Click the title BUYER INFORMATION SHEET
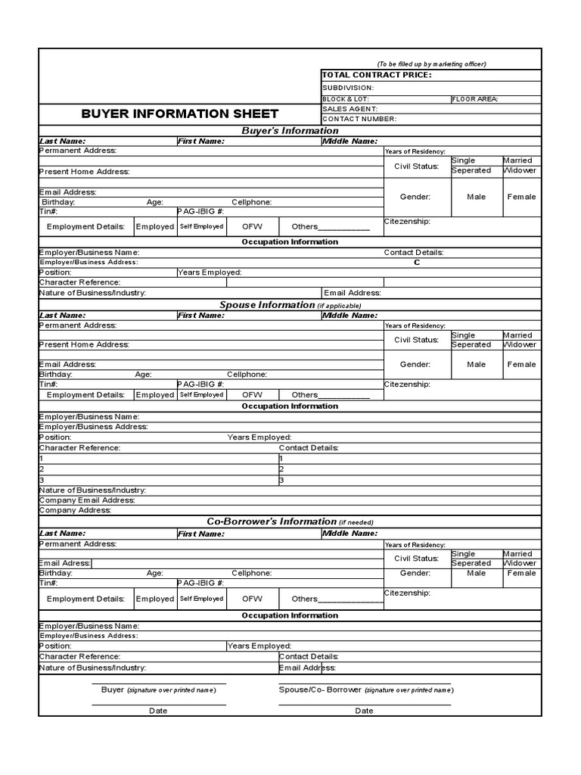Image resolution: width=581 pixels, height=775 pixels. tap(179, 114)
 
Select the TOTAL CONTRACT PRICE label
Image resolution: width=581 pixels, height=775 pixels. tap(377, 75)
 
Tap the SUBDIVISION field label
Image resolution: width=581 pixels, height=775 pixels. tap(348, 88)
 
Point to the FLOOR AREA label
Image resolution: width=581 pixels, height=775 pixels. tap(474, 99)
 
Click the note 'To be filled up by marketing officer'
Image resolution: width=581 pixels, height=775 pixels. tap(431, 64)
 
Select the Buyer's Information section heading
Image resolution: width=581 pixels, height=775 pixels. tap(290, 131)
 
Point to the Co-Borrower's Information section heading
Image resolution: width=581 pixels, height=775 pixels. tap(272, 521)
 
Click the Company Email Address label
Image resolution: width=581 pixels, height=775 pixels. tap(87, 500)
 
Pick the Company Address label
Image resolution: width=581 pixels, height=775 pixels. tap(75, 510)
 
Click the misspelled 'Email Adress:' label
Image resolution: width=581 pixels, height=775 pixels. tap(65, 563)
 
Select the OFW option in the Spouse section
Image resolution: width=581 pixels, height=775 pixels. tap(252, 394)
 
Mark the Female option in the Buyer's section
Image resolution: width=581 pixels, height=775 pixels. tap(521, 197)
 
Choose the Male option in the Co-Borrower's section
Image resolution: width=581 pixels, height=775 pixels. tap(477, 573)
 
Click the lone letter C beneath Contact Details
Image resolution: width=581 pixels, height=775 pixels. tap(416, 262)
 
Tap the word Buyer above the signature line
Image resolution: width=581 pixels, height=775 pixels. tap(112, 689)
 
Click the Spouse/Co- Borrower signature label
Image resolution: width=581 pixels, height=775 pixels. tap(319, 689)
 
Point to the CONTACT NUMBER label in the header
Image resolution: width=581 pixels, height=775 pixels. tap(359, 119)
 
